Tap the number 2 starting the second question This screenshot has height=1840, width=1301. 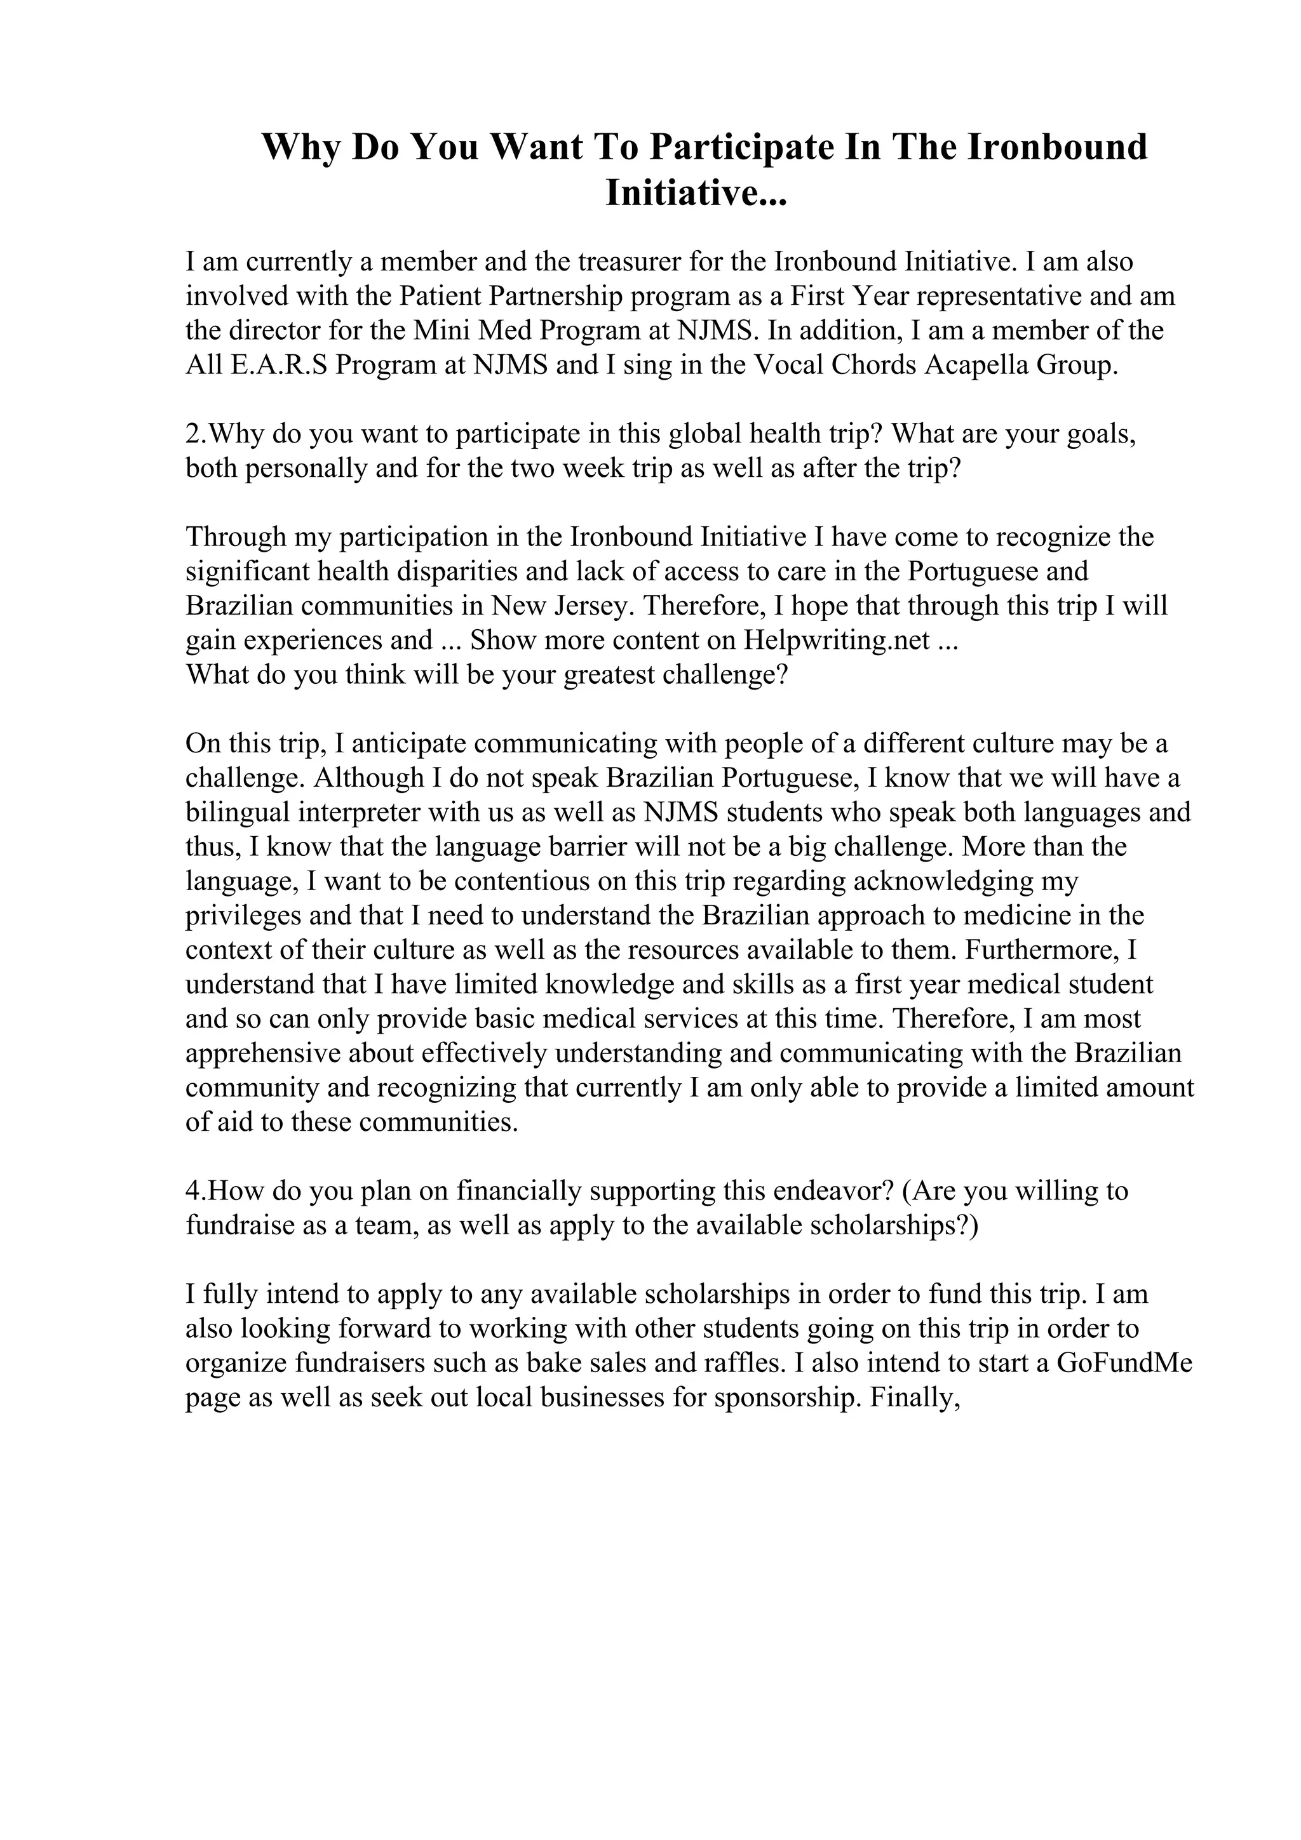[x=192, y=434]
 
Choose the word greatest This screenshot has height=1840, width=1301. [x=609, y=676]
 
